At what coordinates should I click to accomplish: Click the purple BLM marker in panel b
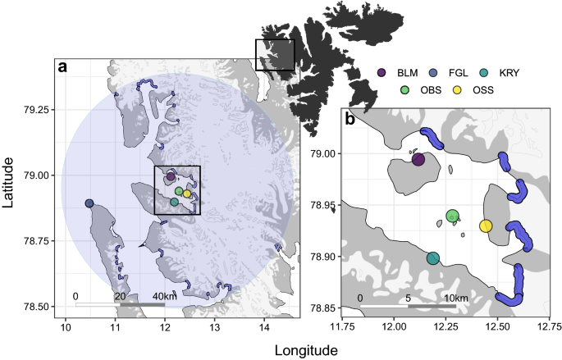pyautogui.click(x=418, y=160)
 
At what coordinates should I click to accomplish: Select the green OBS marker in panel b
pyautogui.click(x=452, y=216)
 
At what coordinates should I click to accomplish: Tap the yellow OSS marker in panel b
pyautogui.click(x=486, y=226)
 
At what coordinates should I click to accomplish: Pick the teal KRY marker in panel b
pyautogui.click(x=433, y=259)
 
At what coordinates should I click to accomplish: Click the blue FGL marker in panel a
pyautogui.click(x=89, y=203)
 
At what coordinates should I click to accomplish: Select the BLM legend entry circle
pyautogui.click(x=383, y=73)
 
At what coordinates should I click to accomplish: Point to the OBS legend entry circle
pyautogui.click(x=405, y=90)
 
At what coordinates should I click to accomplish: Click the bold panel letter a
pyautogui.click(x=62, y=68)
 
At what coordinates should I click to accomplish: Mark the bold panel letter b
pyautogui.click(x=350, y=119)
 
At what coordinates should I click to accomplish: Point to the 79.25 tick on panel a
pyautogui.click(x=39, y=109)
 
